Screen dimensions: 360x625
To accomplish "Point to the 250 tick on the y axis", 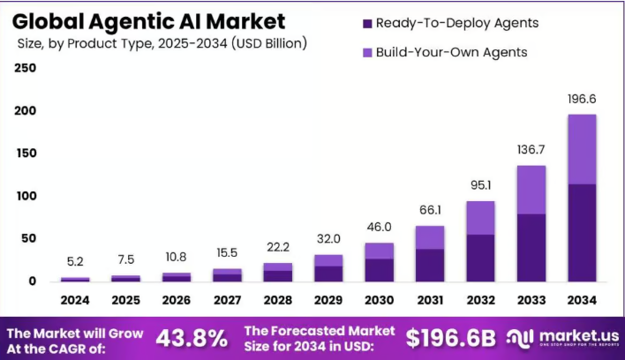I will (26, 69).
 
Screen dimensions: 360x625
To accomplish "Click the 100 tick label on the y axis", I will (26, 196).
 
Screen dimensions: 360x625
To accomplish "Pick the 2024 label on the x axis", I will (74, 300).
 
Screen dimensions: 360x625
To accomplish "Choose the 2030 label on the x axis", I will (379, 300).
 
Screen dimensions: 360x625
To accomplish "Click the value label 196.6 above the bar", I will (582, 100).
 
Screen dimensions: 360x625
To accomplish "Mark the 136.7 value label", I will (531, 151).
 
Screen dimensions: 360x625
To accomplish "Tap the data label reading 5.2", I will (74, 262).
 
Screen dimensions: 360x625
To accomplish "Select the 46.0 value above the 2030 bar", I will (379, 228).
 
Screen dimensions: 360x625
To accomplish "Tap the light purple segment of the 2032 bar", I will (480, 217).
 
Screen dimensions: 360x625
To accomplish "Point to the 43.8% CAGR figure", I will (192, 337).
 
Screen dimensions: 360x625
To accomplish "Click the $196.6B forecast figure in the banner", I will (451, 337).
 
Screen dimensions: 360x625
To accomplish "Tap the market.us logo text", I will (577, 335).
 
